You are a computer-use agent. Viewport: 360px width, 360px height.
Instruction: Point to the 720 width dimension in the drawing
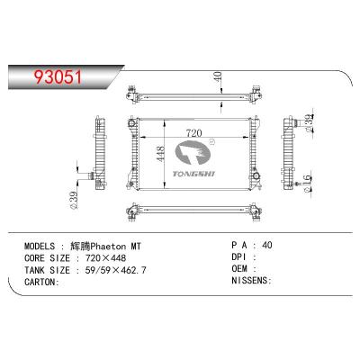pyautogui.click(x=196, y=132)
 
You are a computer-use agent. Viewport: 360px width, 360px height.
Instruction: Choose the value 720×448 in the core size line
pyautogui.click(x=108, y=256)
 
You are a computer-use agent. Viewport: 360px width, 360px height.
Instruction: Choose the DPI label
pyautogui.click(x=240, y=256)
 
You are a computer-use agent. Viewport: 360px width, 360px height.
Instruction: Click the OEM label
pyautogui.click(x=240, y=269)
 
